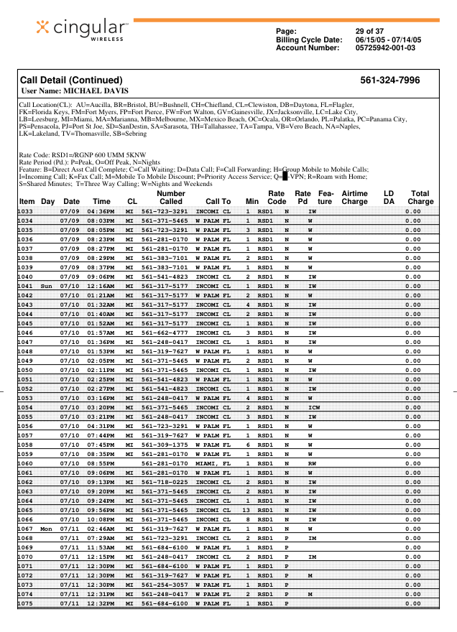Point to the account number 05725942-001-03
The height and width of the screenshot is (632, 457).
pos(386,48)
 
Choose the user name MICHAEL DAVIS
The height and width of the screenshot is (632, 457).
pos(96,91)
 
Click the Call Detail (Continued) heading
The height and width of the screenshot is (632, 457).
pos(71,80)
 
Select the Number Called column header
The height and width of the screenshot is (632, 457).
pos(171,197)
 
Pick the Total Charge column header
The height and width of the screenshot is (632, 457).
pos(420,197)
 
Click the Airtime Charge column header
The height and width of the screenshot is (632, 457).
pos(354,197)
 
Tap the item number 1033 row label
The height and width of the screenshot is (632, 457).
pos(26,211)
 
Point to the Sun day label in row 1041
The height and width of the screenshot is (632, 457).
pos(47,286)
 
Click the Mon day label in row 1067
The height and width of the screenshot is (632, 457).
pos(47,528)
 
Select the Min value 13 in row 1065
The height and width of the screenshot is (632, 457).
pos(246,509)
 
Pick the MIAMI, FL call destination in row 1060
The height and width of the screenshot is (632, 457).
pos(213,463)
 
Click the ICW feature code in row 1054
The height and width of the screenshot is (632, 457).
pos(313,407)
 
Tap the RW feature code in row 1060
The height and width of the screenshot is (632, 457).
pos(312,463)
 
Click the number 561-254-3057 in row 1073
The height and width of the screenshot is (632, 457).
pos(165,584)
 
